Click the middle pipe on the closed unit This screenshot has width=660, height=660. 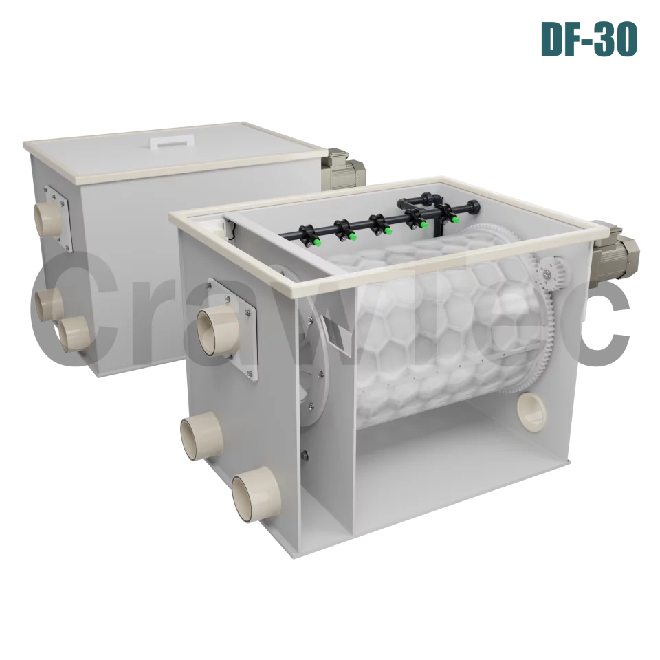pos(49,300)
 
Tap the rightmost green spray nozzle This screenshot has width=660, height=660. pos(454,218)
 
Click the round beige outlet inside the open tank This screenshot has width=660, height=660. pos(529,410)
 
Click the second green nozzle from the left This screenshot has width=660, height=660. pos(352,236)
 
